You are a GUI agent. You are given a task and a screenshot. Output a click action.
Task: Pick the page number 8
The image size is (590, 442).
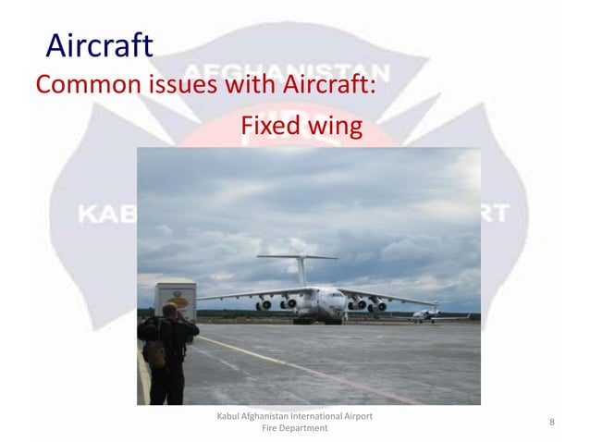(x=551, y=423)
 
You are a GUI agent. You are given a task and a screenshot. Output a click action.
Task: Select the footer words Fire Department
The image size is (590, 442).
(x=293, y=429)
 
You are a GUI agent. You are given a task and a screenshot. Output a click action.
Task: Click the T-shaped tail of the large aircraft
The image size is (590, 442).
(x=299, y=258)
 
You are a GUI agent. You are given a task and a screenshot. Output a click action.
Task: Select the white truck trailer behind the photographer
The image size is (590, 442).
(x=176, y=298)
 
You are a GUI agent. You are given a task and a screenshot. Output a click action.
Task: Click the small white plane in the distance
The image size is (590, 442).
(x=425, y=314)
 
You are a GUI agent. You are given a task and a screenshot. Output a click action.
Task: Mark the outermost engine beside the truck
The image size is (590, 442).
(x=264, y=304)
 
